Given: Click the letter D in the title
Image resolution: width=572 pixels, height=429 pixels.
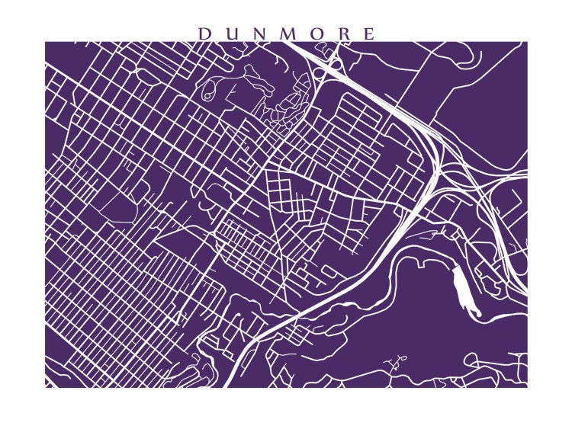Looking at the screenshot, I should pyautogui.click(x=204, y=34).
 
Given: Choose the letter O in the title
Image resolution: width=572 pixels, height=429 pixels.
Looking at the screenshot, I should pyautogui.click(x=316, y=34).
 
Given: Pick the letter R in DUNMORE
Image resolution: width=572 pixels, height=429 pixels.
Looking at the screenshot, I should pyautogui.click(x=342, y=34).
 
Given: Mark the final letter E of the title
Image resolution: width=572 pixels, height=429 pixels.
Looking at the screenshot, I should pyautogui.click(x=369, y=34).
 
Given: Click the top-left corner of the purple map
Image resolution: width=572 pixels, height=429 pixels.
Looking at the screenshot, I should pyautogui.click(x=46, y=42).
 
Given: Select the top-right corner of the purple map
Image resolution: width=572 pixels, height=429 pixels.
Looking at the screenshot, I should pyautogui.click(x=526, y=42).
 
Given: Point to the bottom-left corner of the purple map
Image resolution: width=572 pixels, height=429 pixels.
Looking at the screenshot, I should pyautogui.click(x=46, y=386).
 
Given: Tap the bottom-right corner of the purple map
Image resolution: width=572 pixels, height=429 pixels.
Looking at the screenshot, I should pyautogui.click(x=526, y=386).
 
